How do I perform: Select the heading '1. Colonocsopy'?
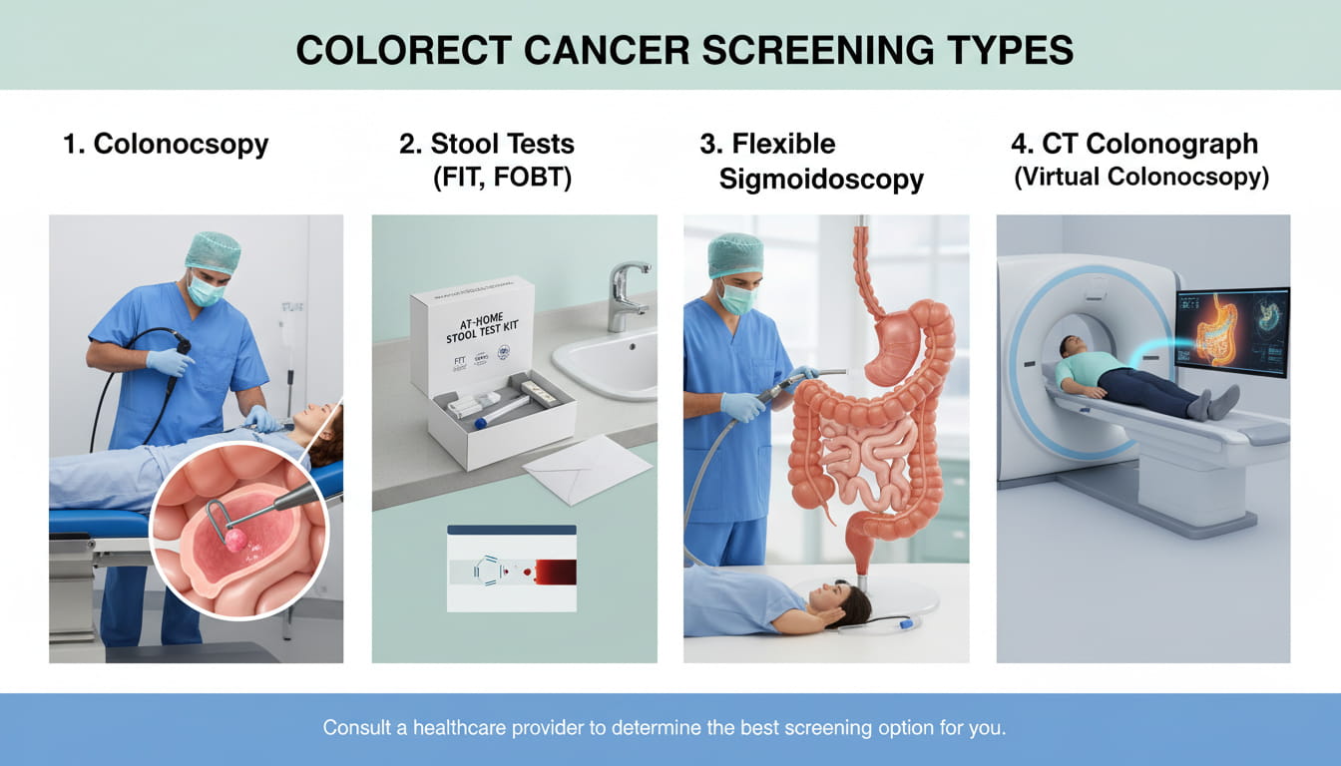coord(166,144)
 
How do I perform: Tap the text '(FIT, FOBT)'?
coord(501,179)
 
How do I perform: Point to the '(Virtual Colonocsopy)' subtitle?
coord(1141,178)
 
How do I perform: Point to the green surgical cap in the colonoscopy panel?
coord(213,251)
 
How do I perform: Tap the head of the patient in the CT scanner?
coord(1068,348)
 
